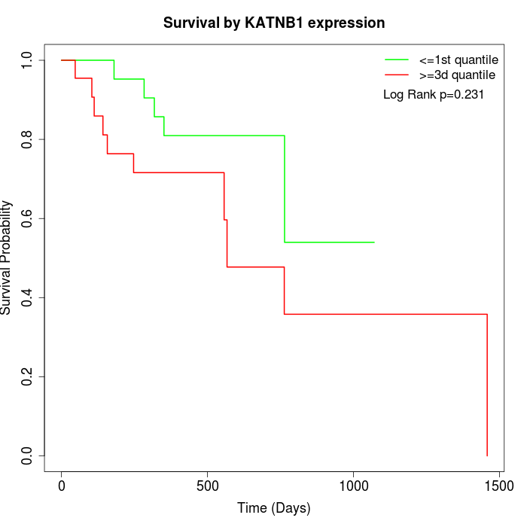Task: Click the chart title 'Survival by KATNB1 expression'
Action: (274, 23)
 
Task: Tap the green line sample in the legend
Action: (397, 59)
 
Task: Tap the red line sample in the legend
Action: (397, 75)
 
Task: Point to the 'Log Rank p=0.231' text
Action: (434, 95)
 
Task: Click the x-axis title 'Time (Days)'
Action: (274, 508)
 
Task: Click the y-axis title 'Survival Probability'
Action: (7, 257)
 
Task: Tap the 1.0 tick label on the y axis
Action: (28, 60)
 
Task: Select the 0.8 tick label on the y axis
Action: (28, 139)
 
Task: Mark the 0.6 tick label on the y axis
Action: (28, 218)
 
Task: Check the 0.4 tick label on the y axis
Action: (28, 297)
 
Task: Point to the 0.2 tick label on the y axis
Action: (28, 376)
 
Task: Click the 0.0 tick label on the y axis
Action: (28, 455)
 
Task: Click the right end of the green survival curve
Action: (374, 242)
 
